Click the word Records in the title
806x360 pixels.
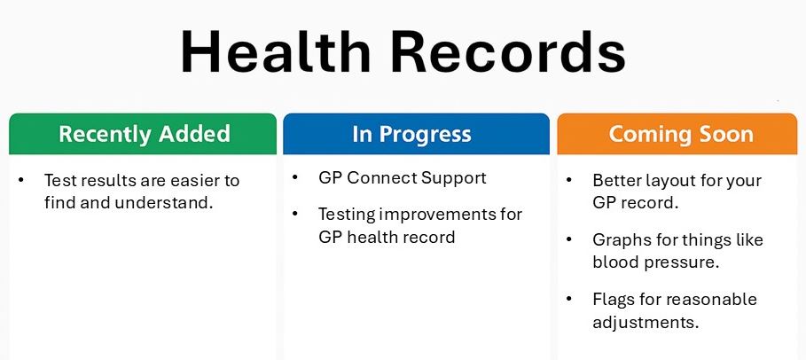[x=510, y=51]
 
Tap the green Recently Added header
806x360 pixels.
[x=144, y=135]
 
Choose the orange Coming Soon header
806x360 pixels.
[x=681, y=135]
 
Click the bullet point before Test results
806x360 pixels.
[x=21, y=181]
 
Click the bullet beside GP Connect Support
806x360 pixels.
[x=295, y=178]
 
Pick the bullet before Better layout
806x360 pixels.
[x=569, y=181]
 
